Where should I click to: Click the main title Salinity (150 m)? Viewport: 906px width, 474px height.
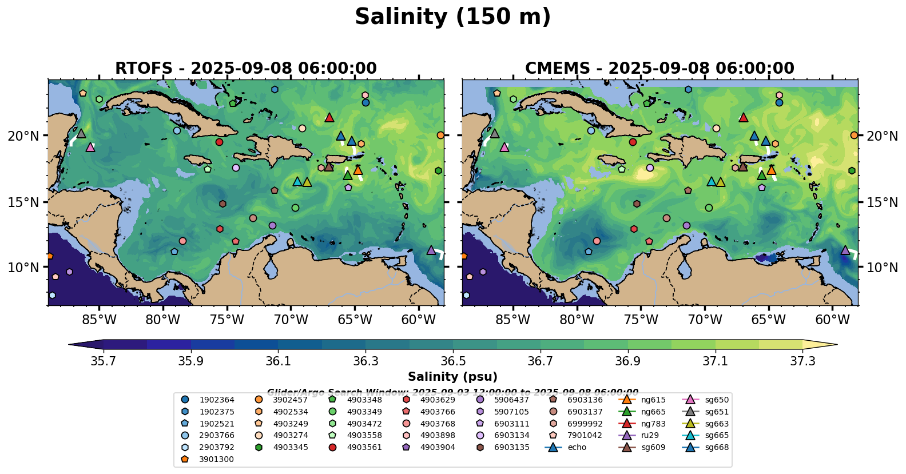452,17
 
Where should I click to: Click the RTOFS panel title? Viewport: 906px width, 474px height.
246,69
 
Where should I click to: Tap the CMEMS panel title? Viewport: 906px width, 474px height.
659,69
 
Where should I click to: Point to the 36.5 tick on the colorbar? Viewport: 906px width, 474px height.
453,361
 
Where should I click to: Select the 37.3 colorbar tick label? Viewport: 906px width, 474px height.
802,361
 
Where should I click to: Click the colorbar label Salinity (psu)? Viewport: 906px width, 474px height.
452,377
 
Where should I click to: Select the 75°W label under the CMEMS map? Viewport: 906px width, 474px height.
641,320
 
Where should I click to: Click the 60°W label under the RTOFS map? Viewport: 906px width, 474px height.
419,320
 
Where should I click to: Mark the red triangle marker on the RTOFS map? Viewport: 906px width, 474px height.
329,118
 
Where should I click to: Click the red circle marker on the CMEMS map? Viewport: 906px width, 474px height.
633,142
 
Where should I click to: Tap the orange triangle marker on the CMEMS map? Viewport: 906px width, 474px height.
771,170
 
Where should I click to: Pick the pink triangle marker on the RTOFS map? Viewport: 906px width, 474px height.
90,148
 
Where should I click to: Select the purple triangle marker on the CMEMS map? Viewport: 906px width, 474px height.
845,250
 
